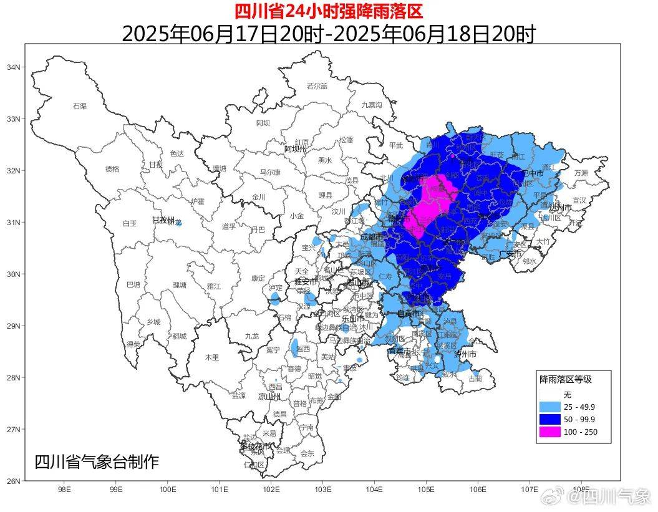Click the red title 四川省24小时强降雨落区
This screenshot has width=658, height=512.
click(x=329, y=11)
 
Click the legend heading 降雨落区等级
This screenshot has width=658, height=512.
click(x=565, y=379)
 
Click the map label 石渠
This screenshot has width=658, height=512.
click(x=80, y=106)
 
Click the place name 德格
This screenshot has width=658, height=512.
click(x=112, y=168)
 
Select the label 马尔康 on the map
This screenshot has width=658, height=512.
click(x=270, y=172)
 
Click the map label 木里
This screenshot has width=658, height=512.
click(x=213, y=357)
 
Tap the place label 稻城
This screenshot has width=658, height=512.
click(x=180, y=336)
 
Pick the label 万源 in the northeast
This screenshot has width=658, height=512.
click(x=581, y=173)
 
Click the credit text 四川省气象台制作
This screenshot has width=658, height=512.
click(x=97, y=462)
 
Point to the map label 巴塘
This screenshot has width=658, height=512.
click(x=133, y=284)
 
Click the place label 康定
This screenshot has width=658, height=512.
click(x=258, y=278)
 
